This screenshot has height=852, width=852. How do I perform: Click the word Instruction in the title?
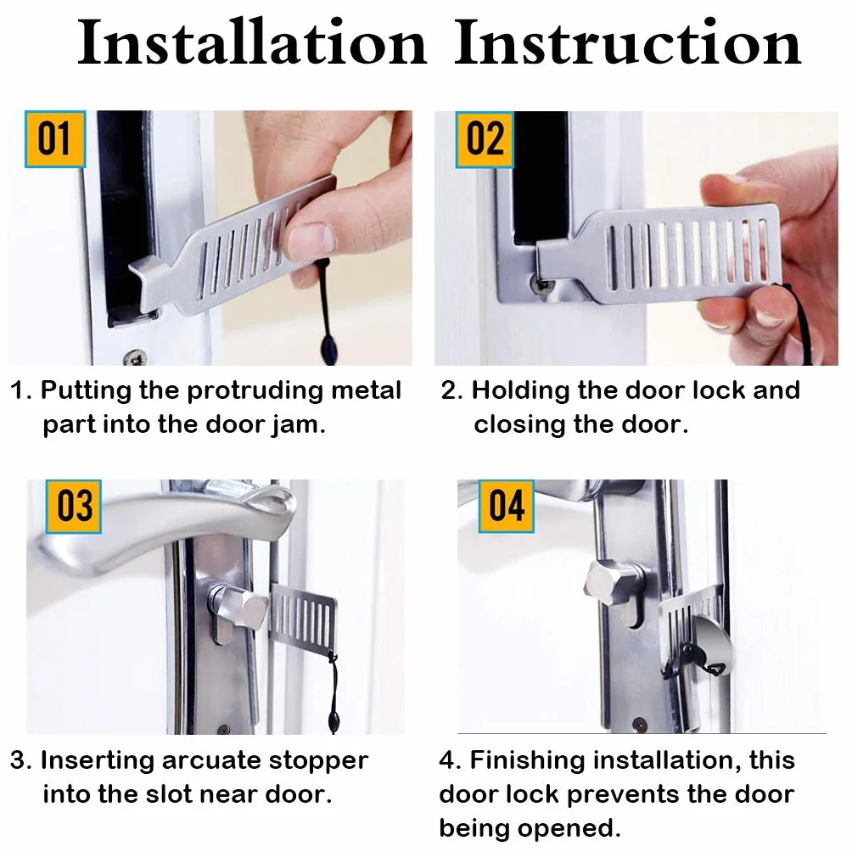628,42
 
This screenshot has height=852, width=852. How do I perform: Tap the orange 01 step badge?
55,139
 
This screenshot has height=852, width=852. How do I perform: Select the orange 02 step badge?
485,140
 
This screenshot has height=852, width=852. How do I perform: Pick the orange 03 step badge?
74,507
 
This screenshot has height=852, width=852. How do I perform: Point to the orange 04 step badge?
507,507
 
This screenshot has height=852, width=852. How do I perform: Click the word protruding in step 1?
255,392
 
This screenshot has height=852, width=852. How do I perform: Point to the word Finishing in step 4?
526,761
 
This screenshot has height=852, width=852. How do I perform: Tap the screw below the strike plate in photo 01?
135,357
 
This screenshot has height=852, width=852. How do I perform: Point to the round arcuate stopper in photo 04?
711,647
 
